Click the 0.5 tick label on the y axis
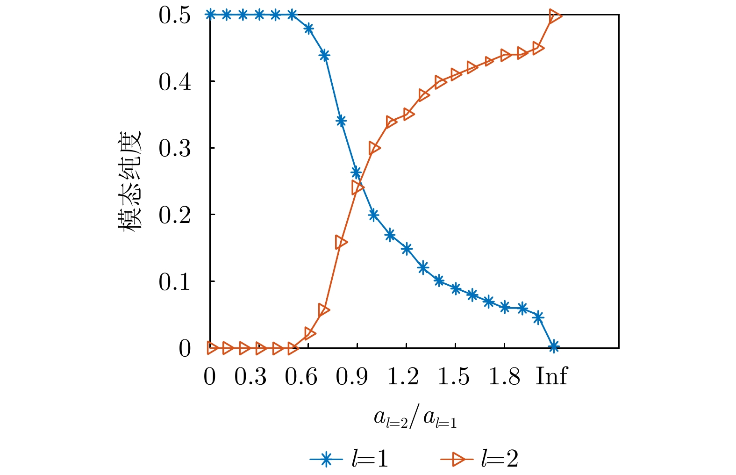click(174, 15)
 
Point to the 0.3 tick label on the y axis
click(174, 149)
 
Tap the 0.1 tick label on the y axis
click(174, 282)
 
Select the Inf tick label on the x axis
click(551, 376)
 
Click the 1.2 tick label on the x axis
click(403, 376)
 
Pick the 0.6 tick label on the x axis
click(301, 376)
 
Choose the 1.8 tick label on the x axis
click(504, 376)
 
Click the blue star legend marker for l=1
click(326, 460)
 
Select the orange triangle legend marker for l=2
click(457, 460)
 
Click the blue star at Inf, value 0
click(554, 347)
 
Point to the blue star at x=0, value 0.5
click(210, 15)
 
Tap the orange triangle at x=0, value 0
click(212, 348)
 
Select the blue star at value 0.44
click(324, 56)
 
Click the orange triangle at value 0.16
click(341, 242)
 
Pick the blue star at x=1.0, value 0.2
click(373, 215)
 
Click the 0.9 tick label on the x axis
click(352, 376)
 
